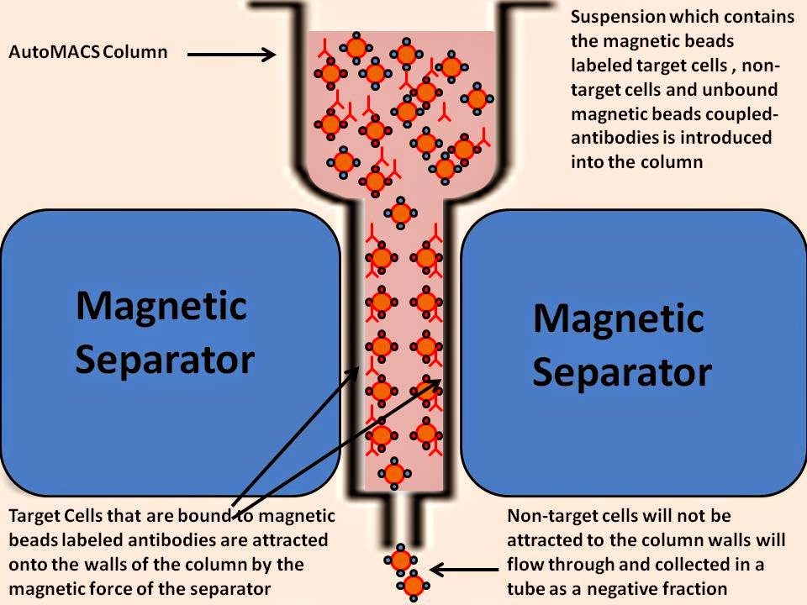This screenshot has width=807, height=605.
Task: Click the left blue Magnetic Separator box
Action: pyautogui.click(x=168, y=336)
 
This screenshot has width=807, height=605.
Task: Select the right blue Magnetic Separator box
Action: pyautogui.click(x=630, y=353)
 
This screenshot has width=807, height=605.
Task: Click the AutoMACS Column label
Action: pyautogui.click(x=88, y=52)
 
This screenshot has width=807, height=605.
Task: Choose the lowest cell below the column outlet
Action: pyautogui.click(x=413, y=585)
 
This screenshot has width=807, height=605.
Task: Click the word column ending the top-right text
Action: pyautogui.click(x=670, y=161)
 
